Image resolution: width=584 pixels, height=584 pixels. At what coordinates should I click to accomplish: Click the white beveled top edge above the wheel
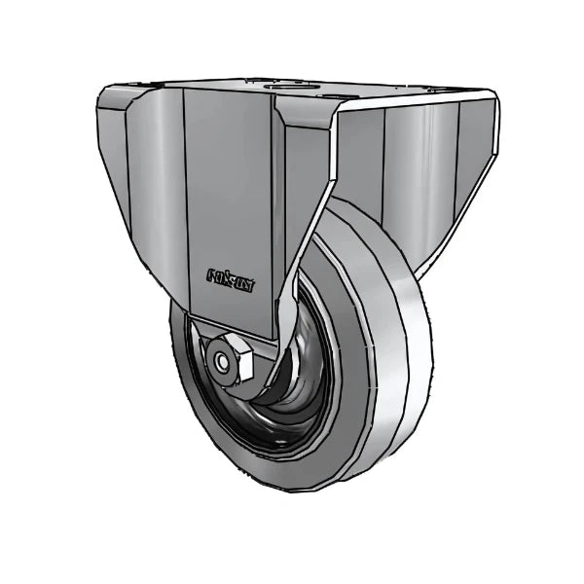click(409, 101)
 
